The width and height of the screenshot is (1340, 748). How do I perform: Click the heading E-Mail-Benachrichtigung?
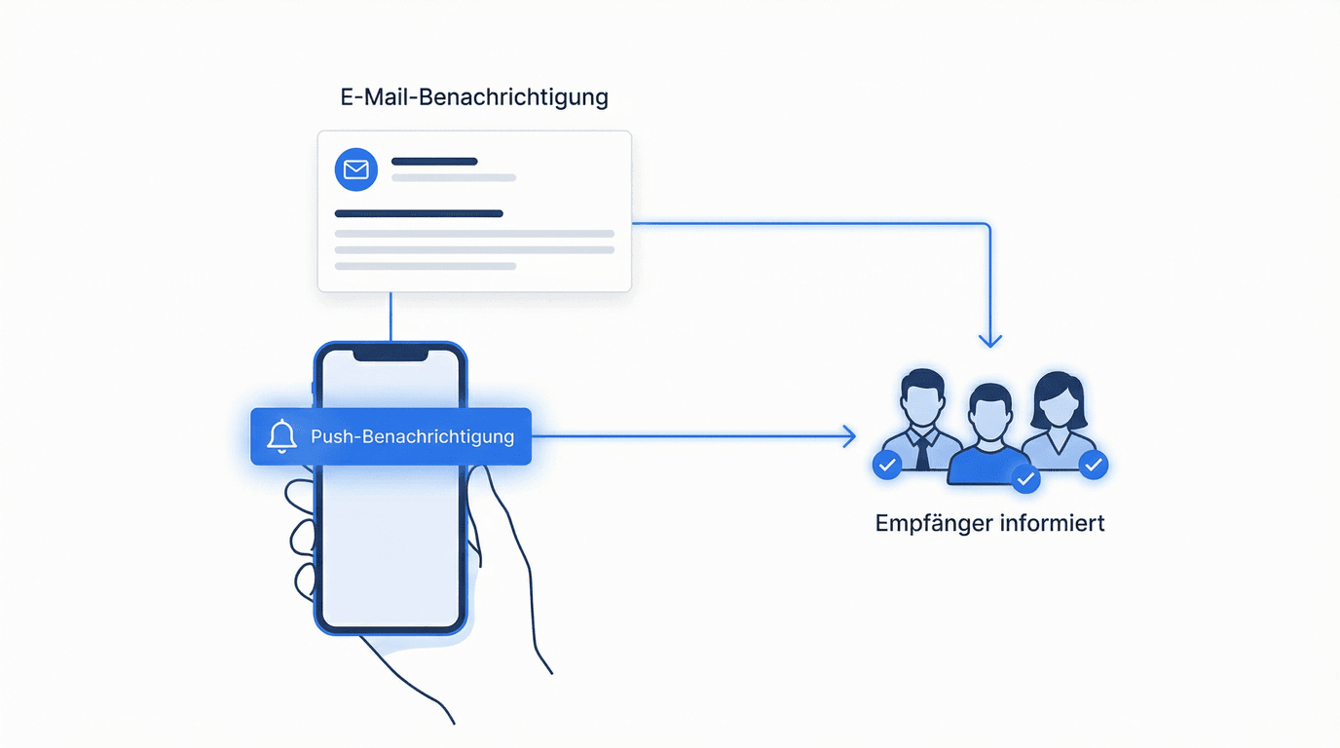[x=473, y=97]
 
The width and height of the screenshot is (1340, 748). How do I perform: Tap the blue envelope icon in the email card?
[x=355, y=169]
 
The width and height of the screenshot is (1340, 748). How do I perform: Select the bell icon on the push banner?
[x=281, y=436]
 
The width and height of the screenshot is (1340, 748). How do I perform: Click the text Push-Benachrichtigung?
[x=412, y=436]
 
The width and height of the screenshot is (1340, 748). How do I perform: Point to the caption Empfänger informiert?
[x=989, y=523]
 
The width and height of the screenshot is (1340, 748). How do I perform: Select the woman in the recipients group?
[x=1058, y=414]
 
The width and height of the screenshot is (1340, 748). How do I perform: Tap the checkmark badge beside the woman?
[x=1094, y=465]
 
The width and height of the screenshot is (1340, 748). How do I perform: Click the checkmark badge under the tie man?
[x=886, y=466]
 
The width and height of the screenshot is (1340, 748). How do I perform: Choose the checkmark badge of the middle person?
[x=1025, y=478]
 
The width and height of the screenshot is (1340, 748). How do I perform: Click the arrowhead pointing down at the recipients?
[x=990, y=340]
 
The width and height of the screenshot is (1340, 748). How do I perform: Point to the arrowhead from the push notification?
[x=849, y=436]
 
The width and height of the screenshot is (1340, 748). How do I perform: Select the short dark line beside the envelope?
[x=434, y=162]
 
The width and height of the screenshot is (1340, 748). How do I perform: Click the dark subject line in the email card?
[x=419, y=213]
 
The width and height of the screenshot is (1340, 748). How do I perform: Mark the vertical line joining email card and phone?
[x=391, y=317]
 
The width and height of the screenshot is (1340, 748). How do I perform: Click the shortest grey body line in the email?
[x=426, y=266]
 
